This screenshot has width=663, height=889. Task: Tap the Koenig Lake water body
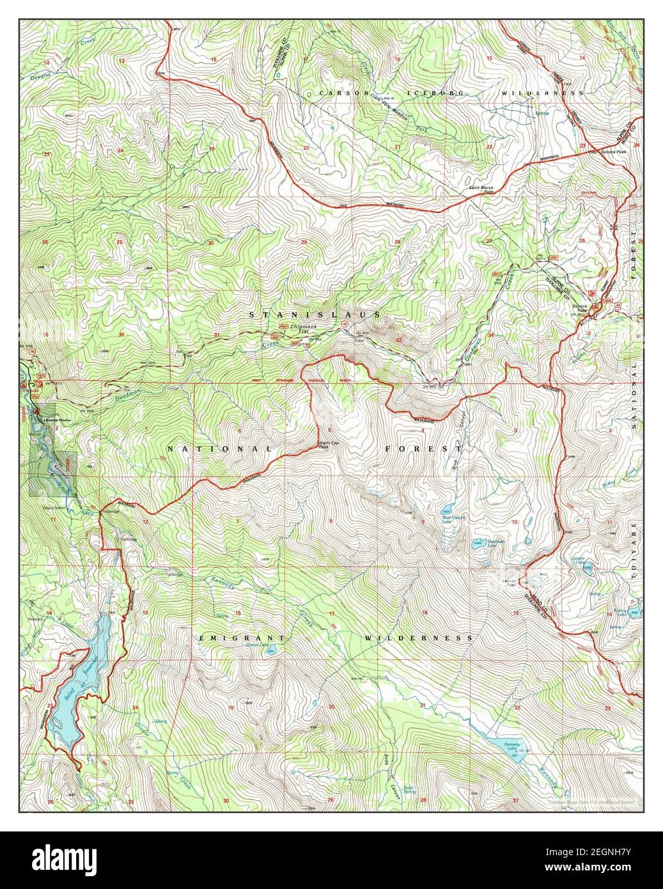coord(634,613)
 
